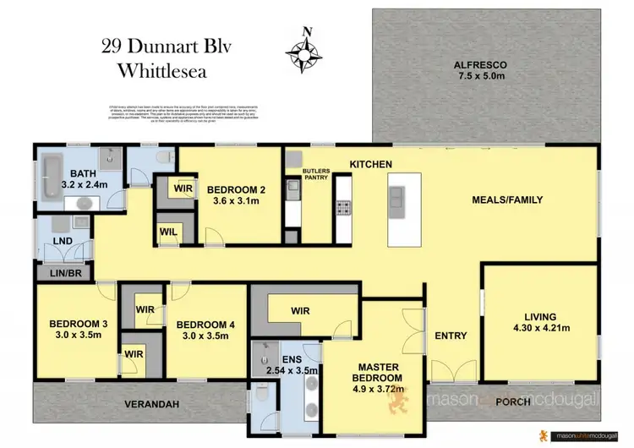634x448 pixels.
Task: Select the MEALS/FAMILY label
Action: pos(507,200)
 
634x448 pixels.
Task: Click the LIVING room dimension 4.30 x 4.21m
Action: pos(541,328)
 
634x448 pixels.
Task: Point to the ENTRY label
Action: pos(451,336)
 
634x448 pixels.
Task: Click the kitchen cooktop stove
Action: pos(344,206)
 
